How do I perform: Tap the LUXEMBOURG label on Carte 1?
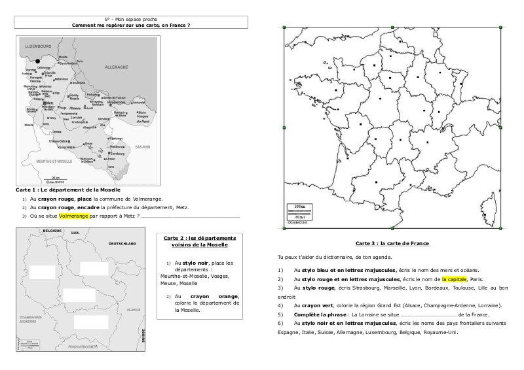pyautogui.click(x=38, y=48)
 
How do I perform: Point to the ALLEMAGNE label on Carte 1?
pyautogui.click(x=118, y=67)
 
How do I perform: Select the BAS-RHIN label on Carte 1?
pyautogui.click(x=143, y=148)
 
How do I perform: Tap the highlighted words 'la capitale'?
pyautogui.click(x=454, y=278)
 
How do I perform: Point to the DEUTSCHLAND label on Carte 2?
pyautogui.click(x=122, y=243)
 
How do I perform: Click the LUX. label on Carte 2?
pyautogui.click(x=75, y=233)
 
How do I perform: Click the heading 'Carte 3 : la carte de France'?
pyautogui.click(x=392, y=243)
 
